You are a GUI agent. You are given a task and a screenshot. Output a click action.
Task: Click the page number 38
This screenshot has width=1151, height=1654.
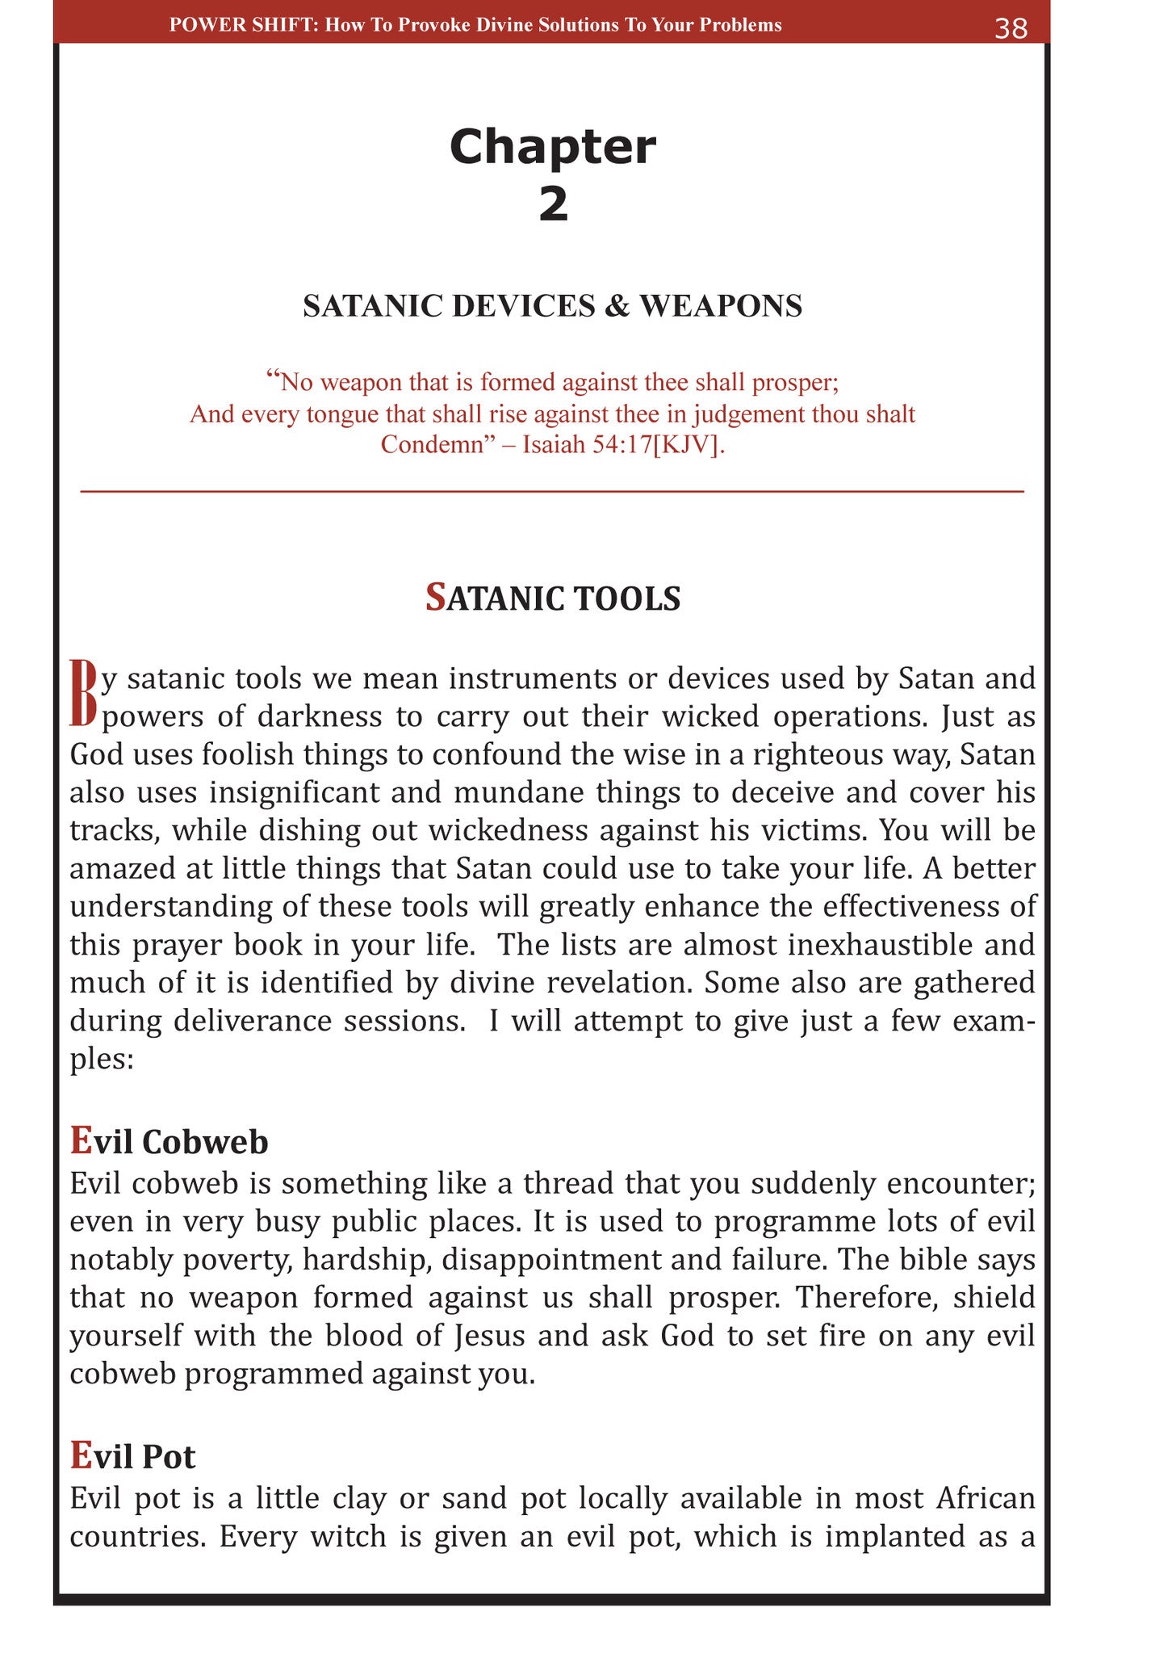point(1011,28)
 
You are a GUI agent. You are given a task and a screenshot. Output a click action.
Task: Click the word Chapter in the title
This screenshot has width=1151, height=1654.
point(553,147)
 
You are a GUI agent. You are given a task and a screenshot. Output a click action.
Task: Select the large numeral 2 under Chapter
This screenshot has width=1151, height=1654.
point(554,204)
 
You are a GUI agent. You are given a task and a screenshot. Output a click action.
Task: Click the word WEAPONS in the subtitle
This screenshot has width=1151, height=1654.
point(721,306)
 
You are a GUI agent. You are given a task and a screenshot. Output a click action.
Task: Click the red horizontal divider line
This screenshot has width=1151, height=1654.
point(552,491)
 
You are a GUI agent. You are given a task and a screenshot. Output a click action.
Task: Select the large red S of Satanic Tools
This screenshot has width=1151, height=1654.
point(435,598)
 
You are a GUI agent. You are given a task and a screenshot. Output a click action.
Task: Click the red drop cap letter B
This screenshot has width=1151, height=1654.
point(84,693)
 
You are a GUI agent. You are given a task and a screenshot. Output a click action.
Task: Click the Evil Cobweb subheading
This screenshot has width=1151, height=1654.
point(169,1141)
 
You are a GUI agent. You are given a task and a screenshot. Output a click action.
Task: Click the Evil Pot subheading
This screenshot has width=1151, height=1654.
point(132,1456)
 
